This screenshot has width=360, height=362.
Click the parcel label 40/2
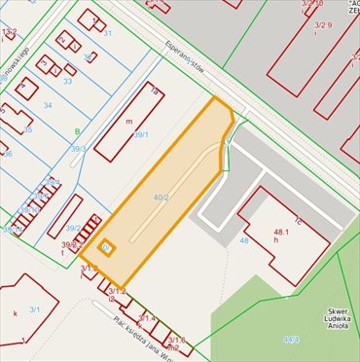point(161,198)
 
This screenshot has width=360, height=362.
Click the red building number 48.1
point(282,232)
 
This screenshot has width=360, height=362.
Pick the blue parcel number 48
point(244,239)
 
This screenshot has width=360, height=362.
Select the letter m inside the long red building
point(128,122)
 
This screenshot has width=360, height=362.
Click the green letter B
point(77,130)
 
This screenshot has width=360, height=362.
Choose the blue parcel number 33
point(67,81)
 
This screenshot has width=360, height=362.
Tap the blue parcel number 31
point(108,34)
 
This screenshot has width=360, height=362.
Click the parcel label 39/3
point(78,149)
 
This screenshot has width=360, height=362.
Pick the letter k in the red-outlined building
point(16,313)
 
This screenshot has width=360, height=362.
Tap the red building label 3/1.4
point(146,318)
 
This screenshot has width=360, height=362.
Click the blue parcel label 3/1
point(34,308)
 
